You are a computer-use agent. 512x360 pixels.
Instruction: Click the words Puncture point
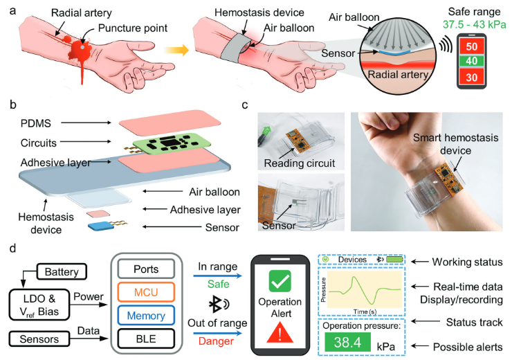click(x=129, y=30)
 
